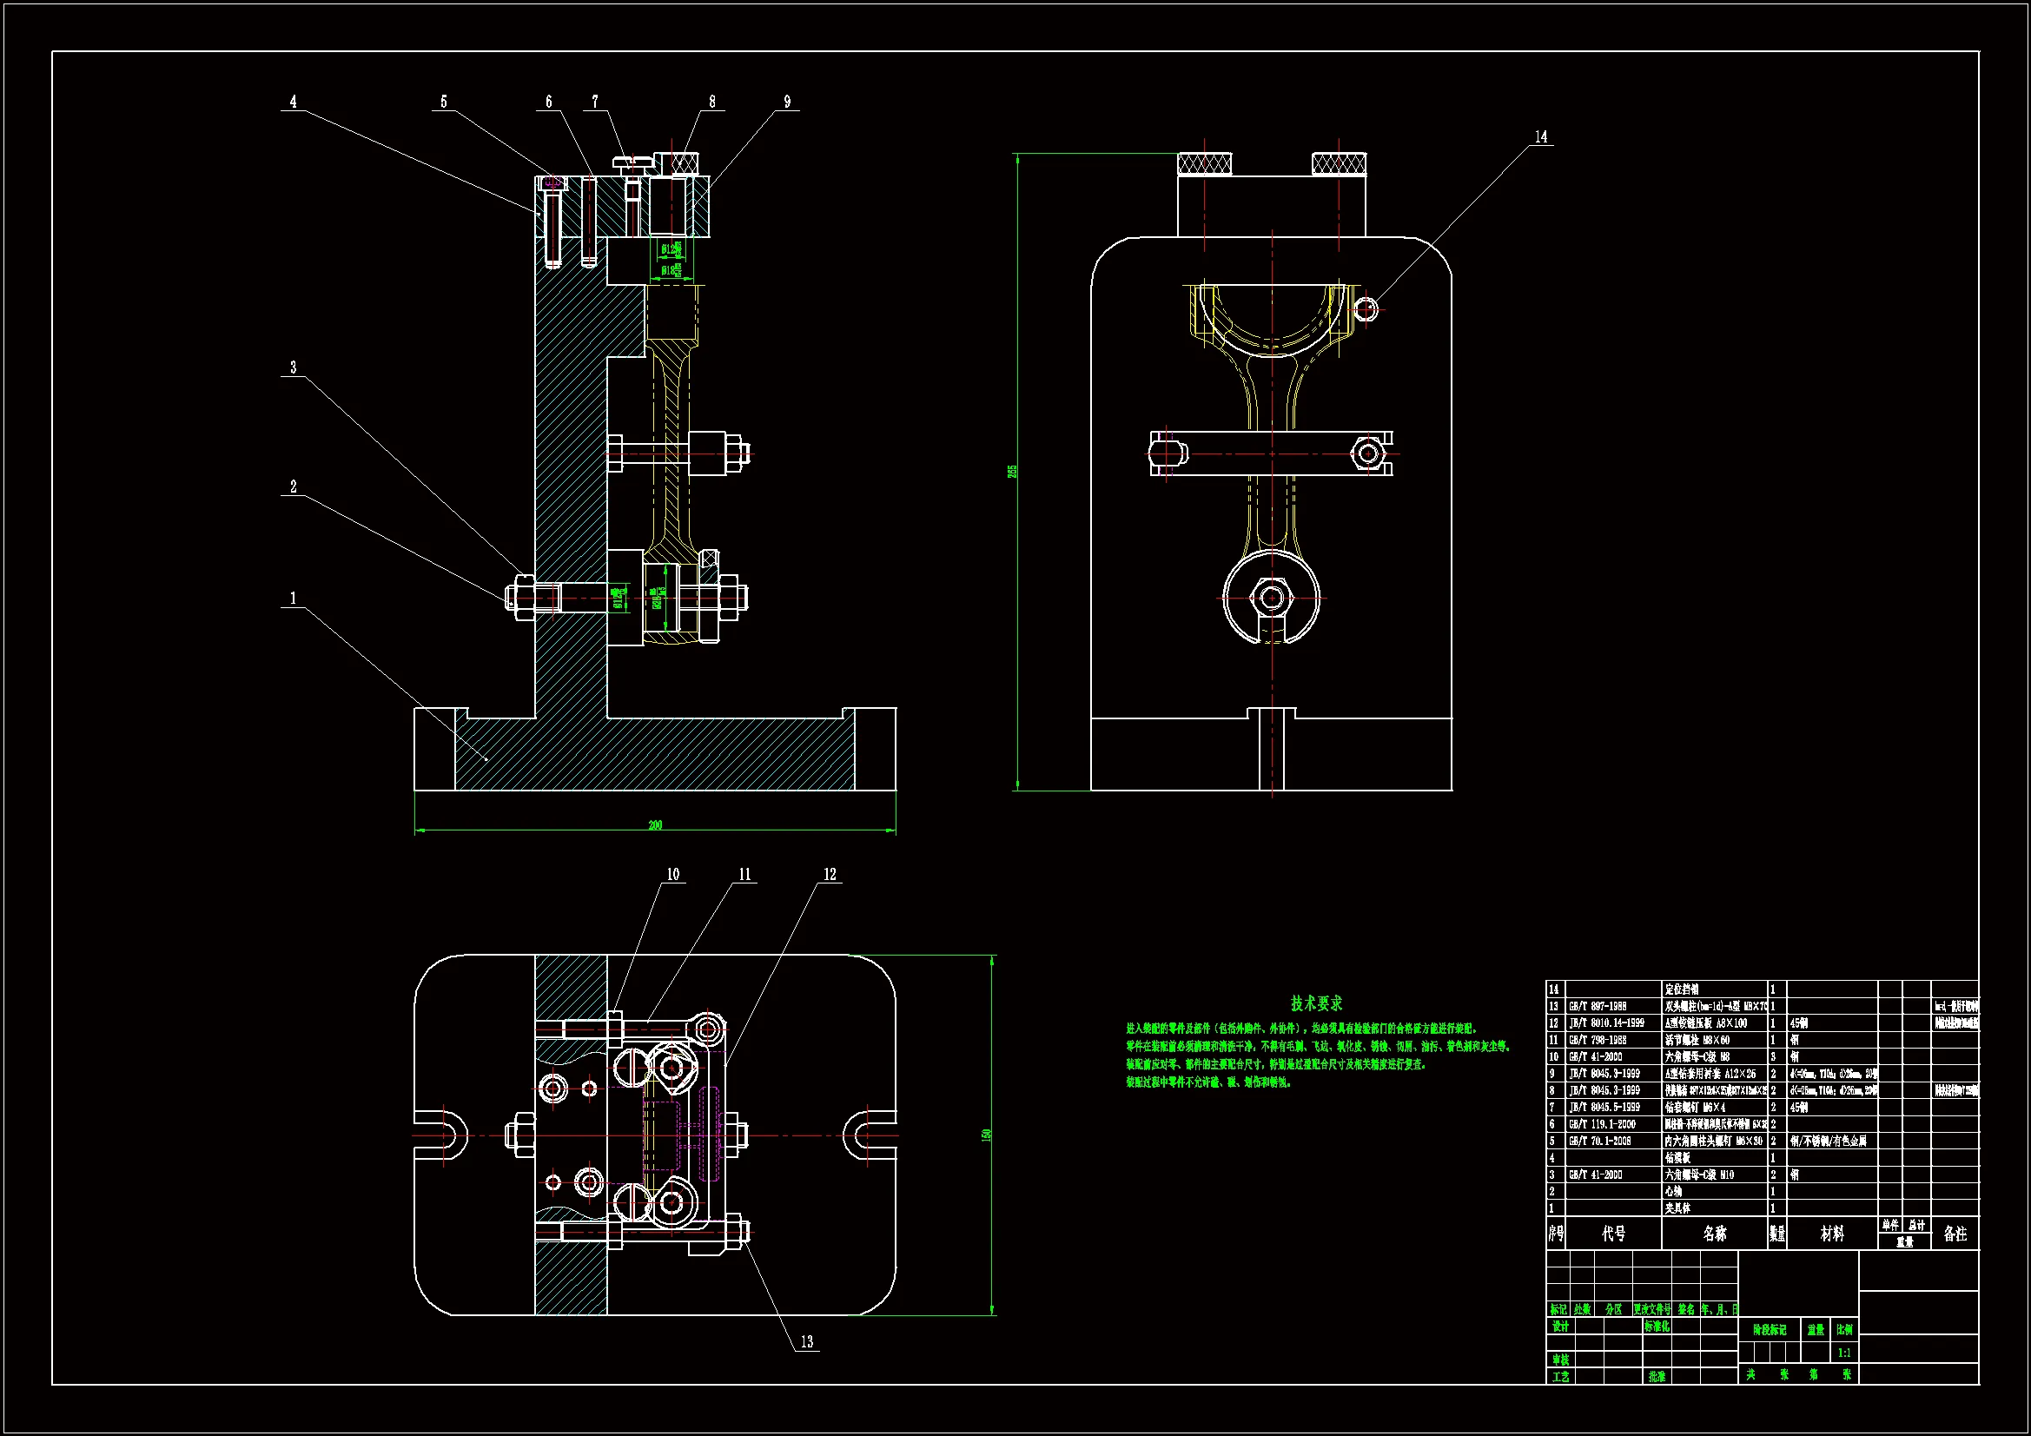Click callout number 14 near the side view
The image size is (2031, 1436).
(x=1541, y=136)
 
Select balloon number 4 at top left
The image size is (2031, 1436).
(x=294, y=102)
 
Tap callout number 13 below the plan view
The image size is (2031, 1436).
(x=807, y=1341)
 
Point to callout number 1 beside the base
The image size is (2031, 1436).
(x=294, y=598)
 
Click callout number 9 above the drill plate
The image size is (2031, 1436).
(x=787, y=102)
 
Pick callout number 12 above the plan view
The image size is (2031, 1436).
(x=830, y=874)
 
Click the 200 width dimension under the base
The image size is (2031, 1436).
(x=655, y=824)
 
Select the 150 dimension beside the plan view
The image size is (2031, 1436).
(x=986, y=1135)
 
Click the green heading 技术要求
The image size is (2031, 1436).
(x=1316, y=1003)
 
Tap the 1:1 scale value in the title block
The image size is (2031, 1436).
(x=1843, y=1352)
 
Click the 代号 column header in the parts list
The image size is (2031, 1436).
(x=1613, y=1234)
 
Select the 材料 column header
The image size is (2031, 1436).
(x=1832, y=1234)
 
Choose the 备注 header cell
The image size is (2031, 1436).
(x=1955, y=1234)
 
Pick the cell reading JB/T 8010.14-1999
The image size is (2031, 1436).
(x=1606, y=1022)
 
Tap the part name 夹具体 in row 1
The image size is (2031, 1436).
(x=1678, y=1208)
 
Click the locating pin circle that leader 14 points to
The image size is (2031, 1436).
(x=1366, y=308)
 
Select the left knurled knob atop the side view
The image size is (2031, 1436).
(x=1205, y=163)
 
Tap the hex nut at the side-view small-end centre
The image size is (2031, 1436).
(x=1272, y=597)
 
